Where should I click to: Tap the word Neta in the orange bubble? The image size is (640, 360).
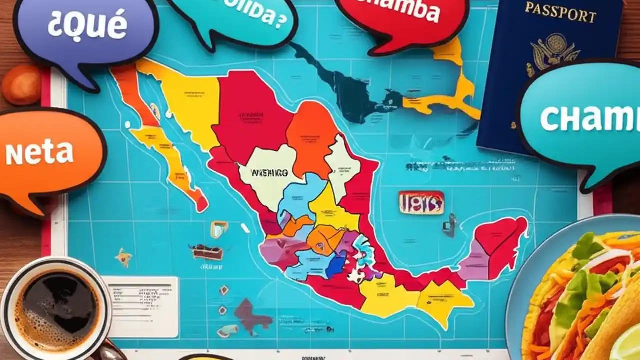pyautogui.click(x=39, y=153)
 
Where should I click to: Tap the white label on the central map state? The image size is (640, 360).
pyautogui.click(x=268, y=173)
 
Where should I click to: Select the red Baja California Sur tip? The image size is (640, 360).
pyautogui.click(x=201, y=203)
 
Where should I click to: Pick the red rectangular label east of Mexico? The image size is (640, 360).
pyautogui.click(x=421, y=202)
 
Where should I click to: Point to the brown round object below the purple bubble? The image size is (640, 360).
pyautogui.click(x=21, y=85)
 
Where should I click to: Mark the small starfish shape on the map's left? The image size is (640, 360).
pyautogui.click(x=123, y=257)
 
